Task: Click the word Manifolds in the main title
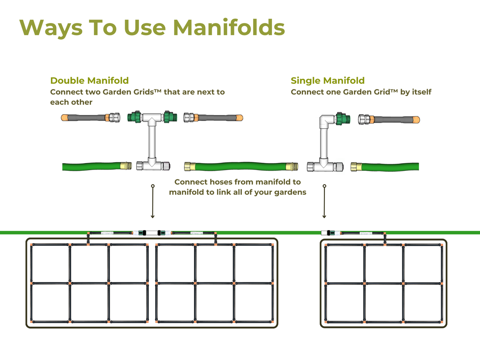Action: click(229, 28)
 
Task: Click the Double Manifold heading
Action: click(89, 81)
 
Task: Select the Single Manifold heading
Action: click(328, 81)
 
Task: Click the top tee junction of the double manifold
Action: click(152, 118)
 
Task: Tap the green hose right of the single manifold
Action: click(389, 166)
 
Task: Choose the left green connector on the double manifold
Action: click(135, 117)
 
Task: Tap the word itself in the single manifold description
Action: click(422, 92)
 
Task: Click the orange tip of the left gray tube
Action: click(64, 118)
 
